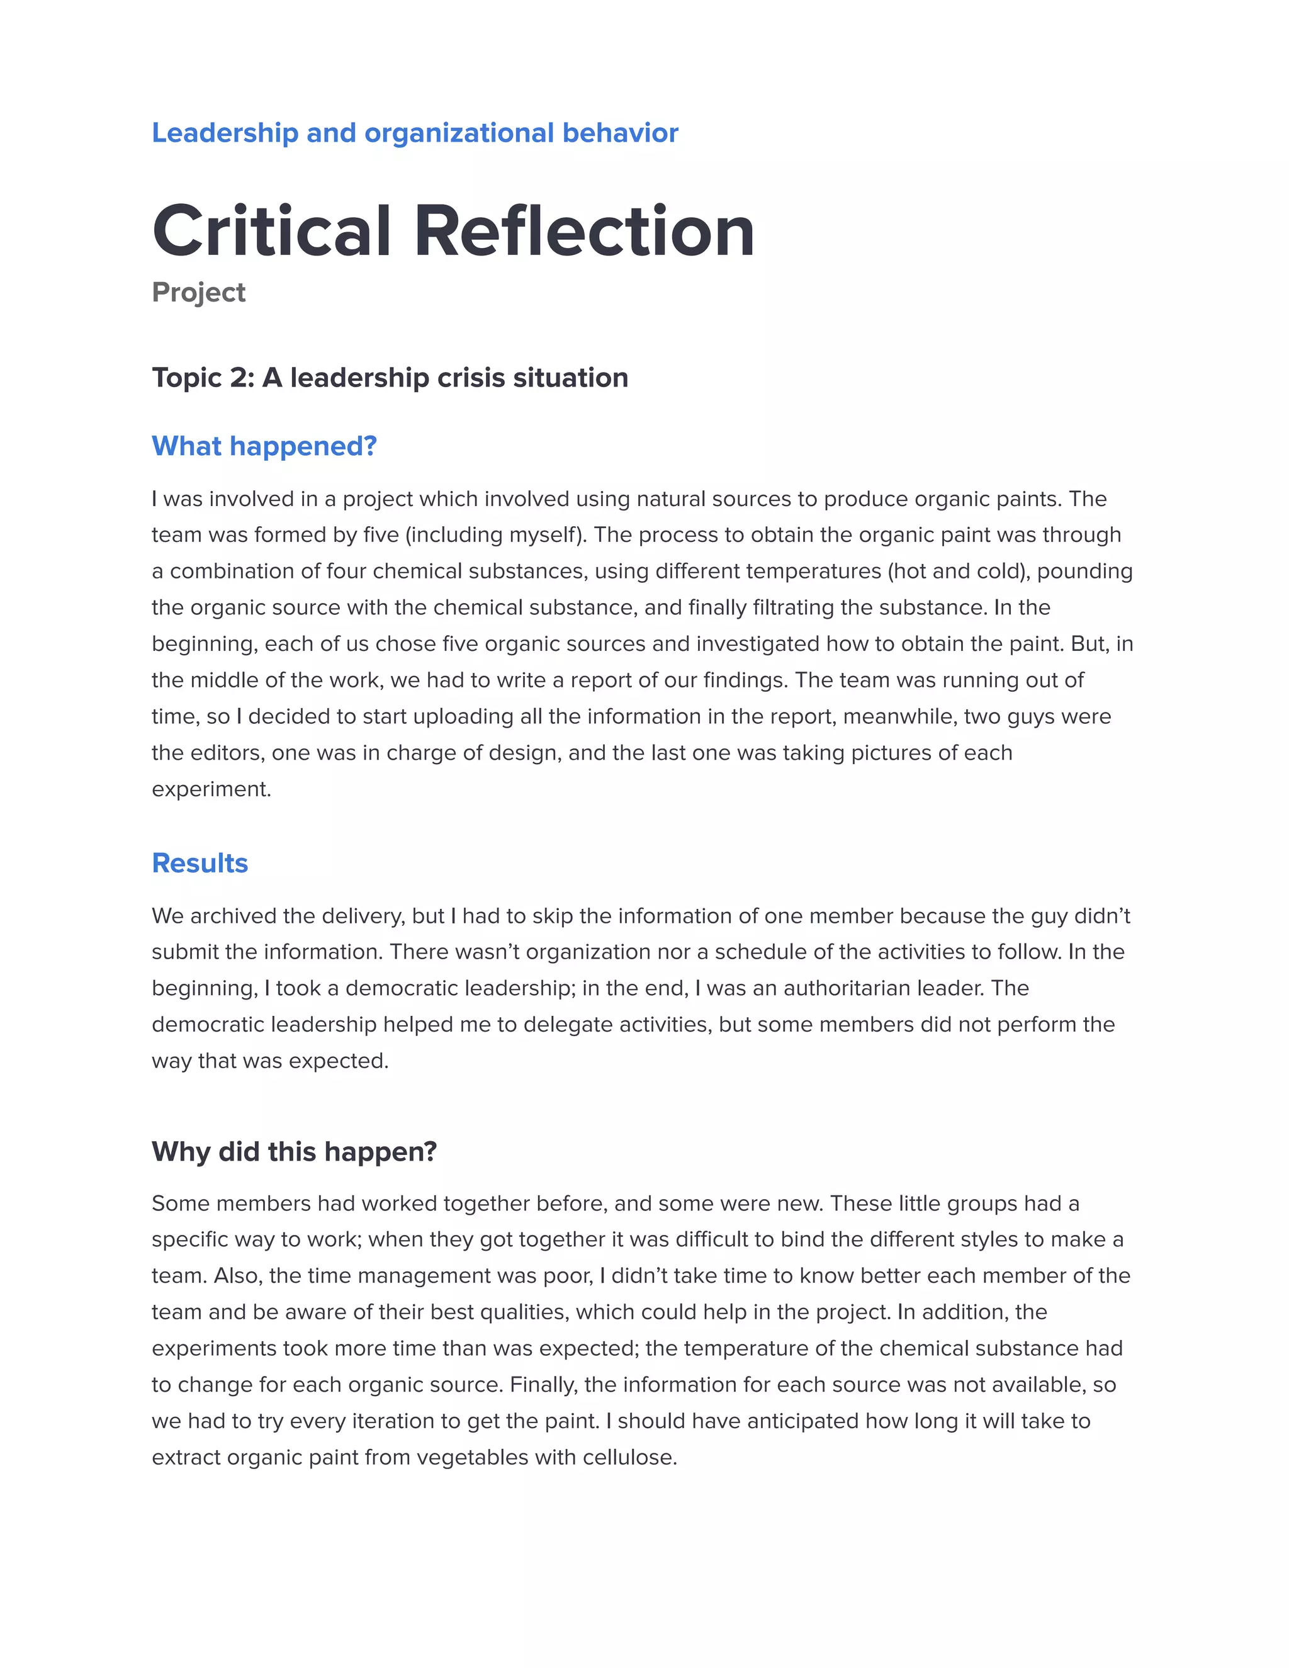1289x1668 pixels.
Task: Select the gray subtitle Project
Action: (x=198, y=293)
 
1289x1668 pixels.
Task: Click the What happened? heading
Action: (x=264, y=446)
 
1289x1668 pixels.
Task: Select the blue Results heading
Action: (x=200, y=863)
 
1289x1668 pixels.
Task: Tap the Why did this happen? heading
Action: (x=294, y=1152)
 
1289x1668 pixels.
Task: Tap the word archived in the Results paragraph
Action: (x=233, y=916)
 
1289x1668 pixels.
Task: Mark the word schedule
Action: (x=768, y=952)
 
